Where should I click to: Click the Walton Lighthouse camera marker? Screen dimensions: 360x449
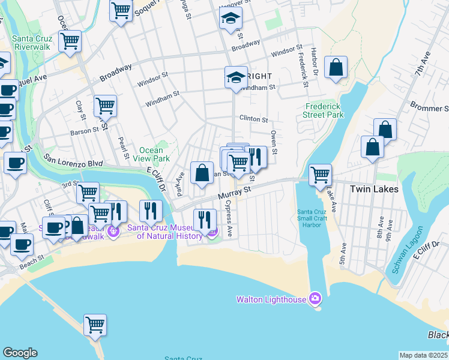[x=315, y=299]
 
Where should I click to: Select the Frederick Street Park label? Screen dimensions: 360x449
[x=323, y=110]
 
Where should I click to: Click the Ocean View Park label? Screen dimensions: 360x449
[x=151, y=154]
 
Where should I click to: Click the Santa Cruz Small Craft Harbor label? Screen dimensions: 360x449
[x=313, y=218]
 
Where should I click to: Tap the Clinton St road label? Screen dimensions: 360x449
[x=253, y=119]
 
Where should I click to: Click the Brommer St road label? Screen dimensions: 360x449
[x=430, y=107]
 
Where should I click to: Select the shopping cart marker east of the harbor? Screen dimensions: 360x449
[x=321, y=175]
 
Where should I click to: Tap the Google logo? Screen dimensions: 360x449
[x=20, y=353]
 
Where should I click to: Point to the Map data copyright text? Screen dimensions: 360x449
[x=424, y=355]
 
